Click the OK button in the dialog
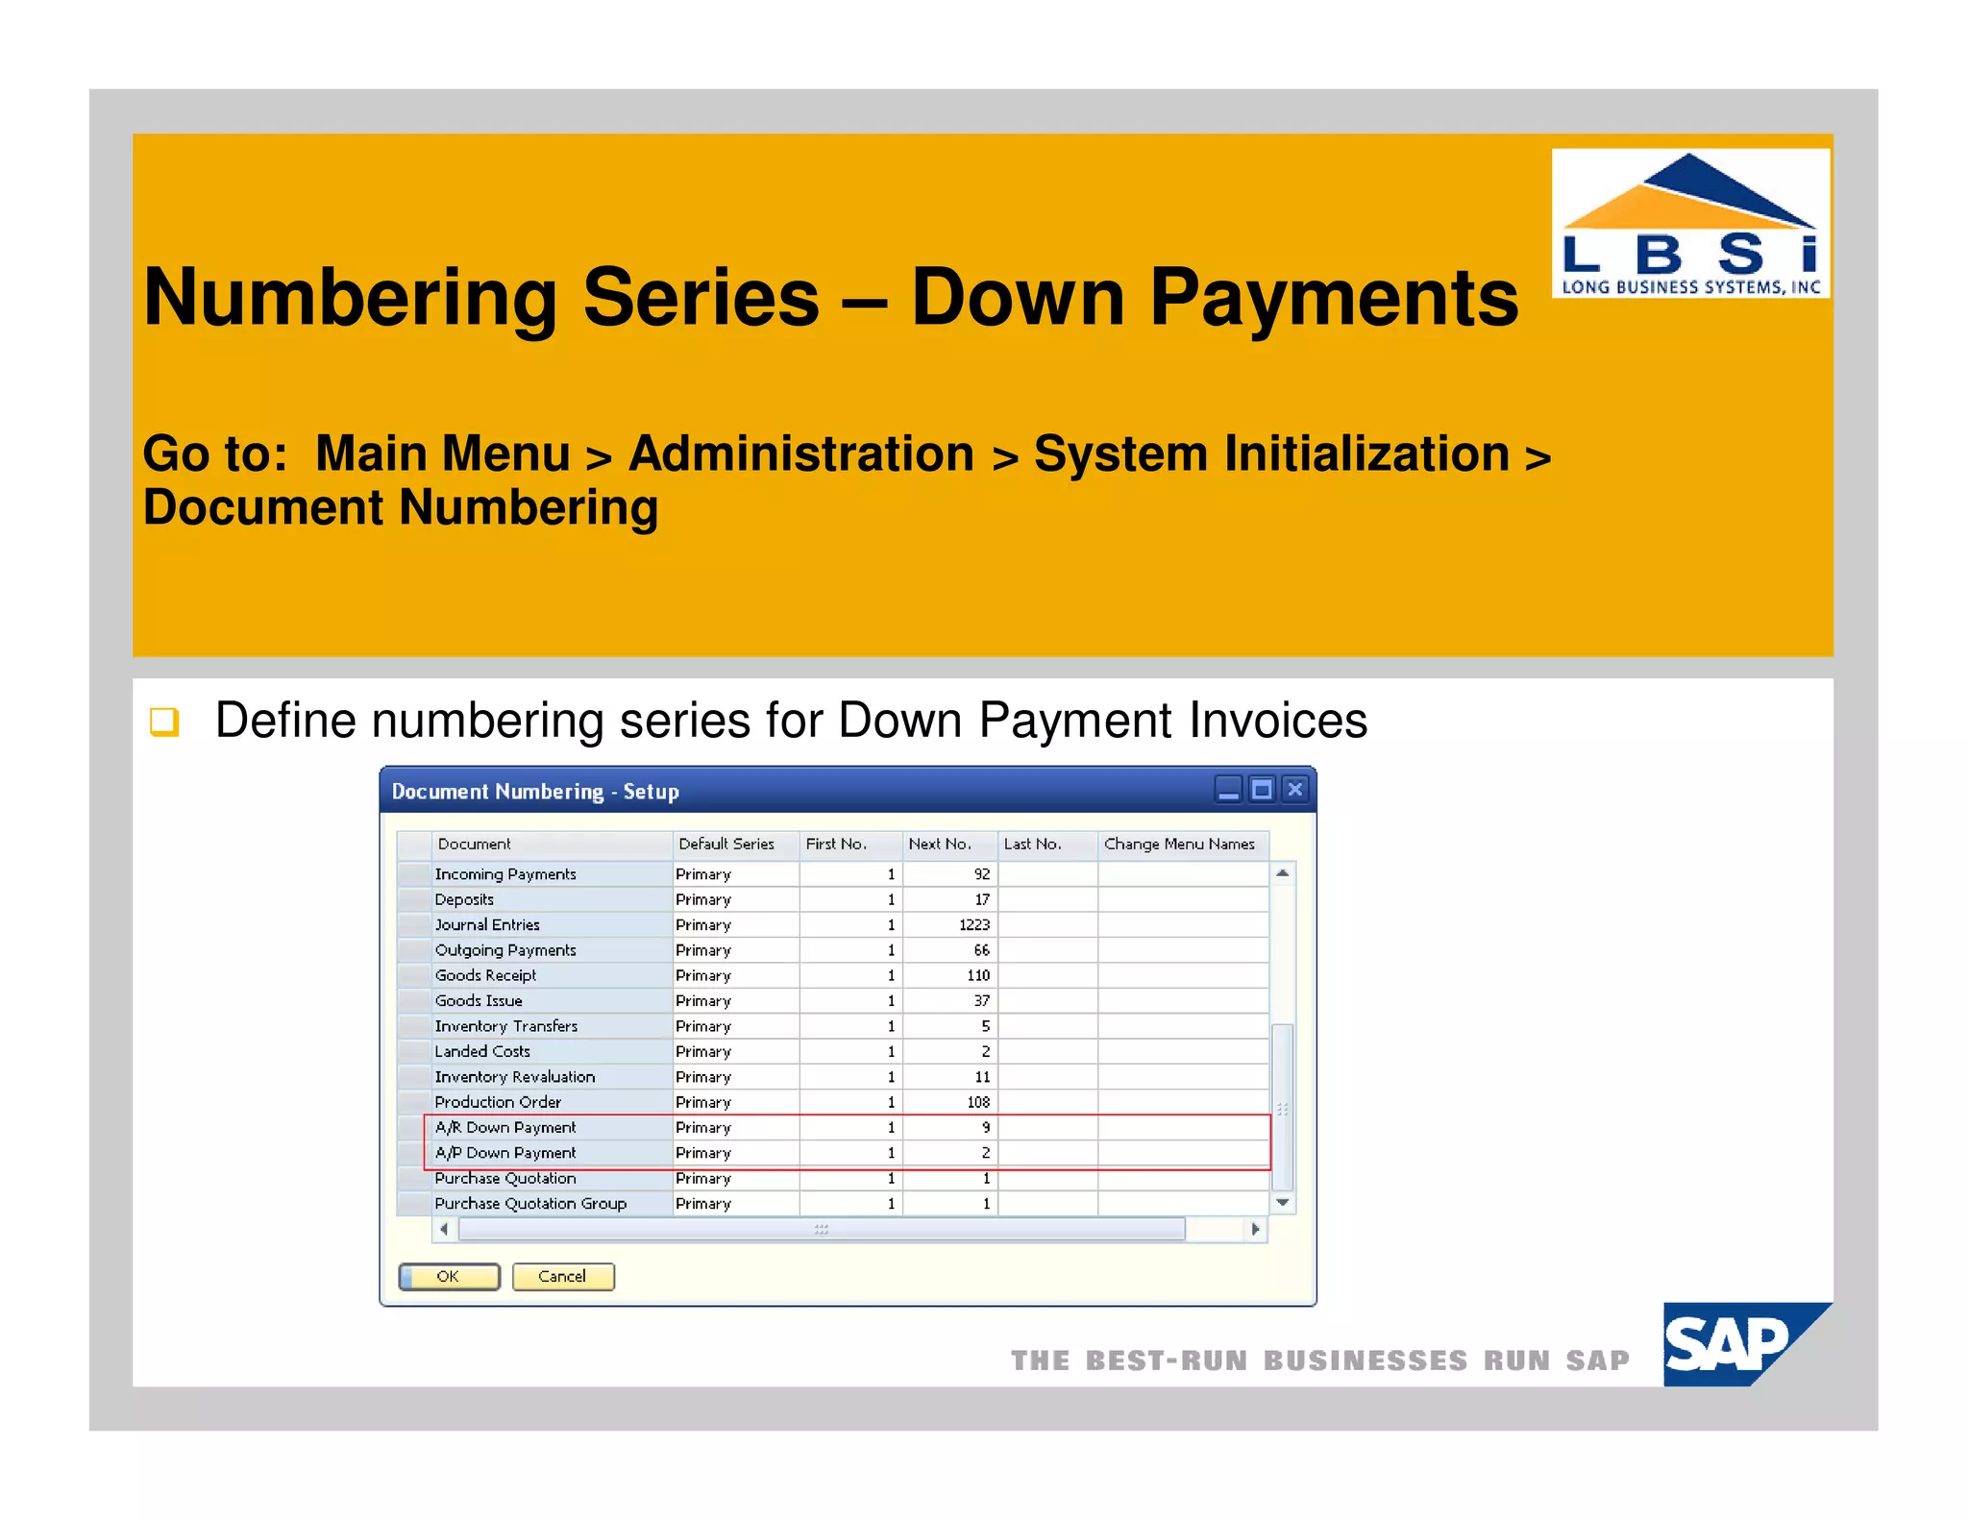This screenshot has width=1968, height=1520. click(449, 1276)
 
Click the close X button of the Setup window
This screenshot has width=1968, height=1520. click(1295, 789)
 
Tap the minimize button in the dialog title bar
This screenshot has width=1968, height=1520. click(1228, 789)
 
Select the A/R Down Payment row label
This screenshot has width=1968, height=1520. click(505, 1127)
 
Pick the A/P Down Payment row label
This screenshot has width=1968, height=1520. click(505, 1152)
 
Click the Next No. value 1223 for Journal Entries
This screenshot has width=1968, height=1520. click(973, 924)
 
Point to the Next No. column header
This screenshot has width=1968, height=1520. click(940, 844)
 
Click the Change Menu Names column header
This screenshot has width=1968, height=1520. click(1179, 844)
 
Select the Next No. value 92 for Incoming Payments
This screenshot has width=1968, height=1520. click(981, 874)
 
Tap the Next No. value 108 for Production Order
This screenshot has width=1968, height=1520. click(977, 1102)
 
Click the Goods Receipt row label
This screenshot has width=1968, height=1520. click(485, 975)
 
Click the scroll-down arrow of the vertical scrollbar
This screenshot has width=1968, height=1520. click(1282, 1202)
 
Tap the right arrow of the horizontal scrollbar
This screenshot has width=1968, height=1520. click(1255, 1229)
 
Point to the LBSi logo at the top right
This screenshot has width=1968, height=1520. click(1690, 224)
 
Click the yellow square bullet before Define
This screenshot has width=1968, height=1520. click(164, 721)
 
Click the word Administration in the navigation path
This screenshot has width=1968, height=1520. click(801, 454)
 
